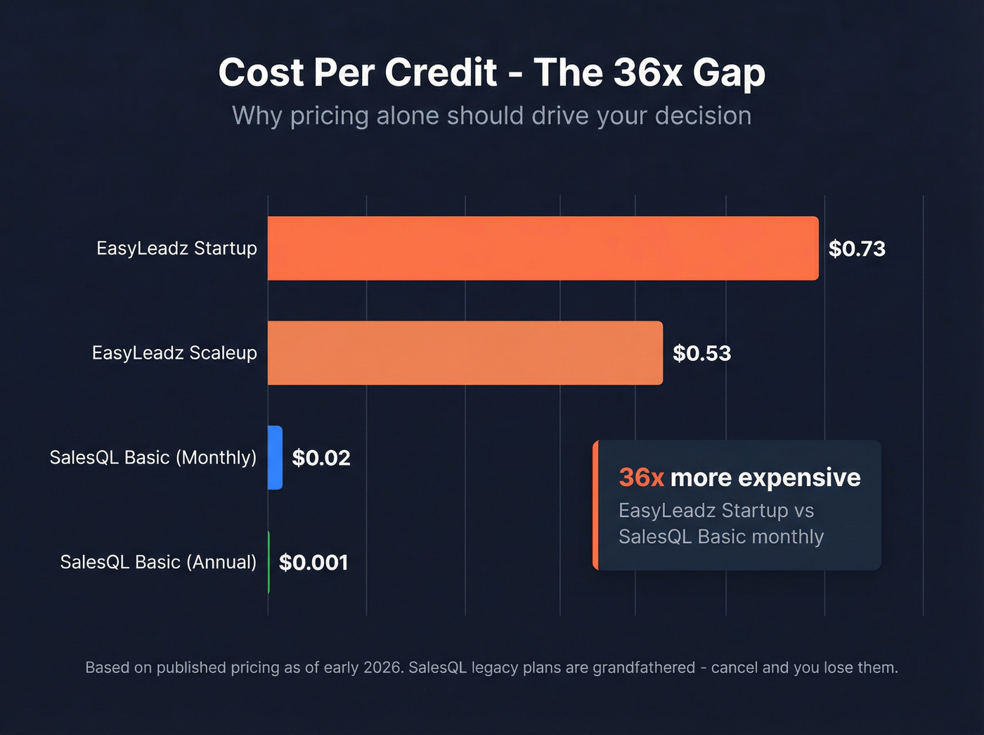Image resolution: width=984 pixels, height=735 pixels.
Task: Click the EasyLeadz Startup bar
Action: [x=543, y=248]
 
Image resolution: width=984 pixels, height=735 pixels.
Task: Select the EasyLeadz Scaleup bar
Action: [x=465, y=353]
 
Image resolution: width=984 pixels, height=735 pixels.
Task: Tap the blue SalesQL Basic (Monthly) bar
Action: [x=275, y=458]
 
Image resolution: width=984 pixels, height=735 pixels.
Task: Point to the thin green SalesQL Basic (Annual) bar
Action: [x=268, y=562]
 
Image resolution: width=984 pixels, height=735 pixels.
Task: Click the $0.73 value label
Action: [x=857, y=249]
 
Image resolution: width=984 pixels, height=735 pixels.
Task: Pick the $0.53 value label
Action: [x=701, y=353]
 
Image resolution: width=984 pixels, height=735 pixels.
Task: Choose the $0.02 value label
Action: [x=321, y=458]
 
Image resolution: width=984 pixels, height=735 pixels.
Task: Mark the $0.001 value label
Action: [x=313, y=563]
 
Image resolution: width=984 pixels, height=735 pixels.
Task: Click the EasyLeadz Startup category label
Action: [x=176, y=248]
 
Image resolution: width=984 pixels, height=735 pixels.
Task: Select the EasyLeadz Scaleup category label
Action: [x=174, y=353]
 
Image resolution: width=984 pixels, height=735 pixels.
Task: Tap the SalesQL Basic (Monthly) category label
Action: [x=153, y=458]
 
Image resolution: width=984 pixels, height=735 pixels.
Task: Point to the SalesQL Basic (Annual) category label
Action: [x=158, y=562]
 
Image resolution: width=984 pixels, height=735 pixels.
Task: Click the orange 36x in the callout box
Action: [x=641, y=478]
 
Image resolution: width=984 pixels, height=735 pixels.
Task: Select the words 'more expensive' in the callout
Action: [x=765, y=478]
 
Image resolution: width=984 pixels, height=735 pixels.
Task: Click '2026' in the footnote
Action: [x=382, y=667]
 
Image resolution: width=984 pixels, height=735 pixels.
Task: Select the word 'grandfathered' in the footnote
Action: [x=644, y=667]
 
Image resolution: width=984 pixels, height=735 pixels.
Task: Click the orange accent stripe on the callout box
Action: [x=595, y=505]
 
